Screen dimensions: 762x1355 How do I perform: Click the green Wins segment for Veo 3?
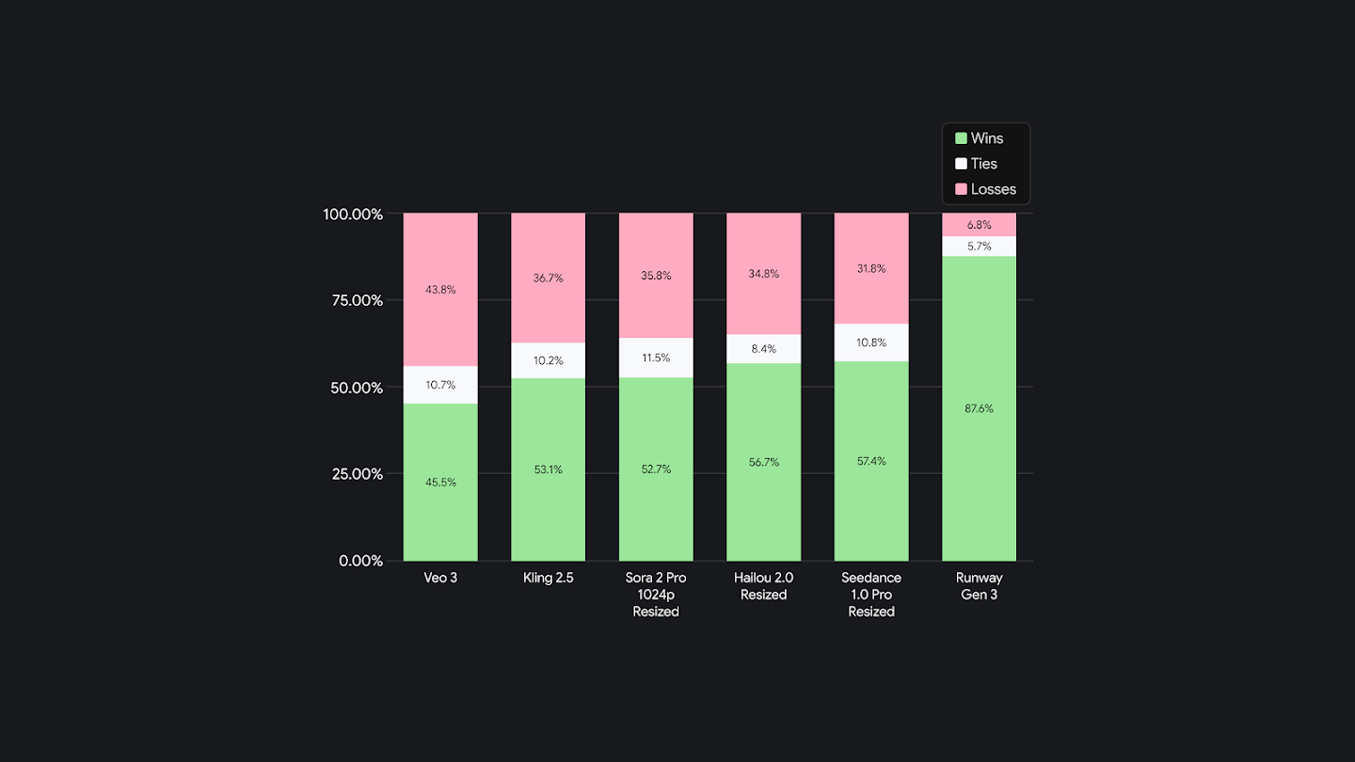pyautogui.click(x=440, y=508)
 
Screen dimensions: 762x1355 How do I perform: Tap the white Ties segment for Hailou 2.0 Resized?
pyautogui.click(x=763, y=349)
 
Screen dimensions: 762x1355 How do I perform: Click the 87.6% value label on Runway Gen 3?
pyautogui.click(x=979, y=408)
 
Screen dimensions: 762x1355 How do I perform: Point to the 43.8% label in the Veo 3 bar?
pyautogui.click(x=440, y=290)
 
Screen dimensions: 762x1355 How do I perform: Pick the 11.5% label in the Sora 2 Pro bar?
pyautogui.click(x=656, y=357)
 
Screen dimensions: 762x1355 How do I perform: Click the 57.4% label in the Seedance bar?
pyautogui.click(x=871, y=461)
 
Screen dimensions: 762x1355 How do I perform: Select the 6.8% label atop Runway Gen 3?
pyautogui.click(x=979, y=225)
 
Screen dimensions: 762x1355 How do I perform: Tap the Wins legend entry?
pyautogui.click(x=986, y=138)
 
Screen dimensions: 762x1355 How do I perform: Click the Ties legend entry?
pyautogui.click(x=983, y=164)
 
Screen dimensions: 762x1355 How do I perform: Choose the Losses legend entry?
pyautogui.click(x=993, y=189)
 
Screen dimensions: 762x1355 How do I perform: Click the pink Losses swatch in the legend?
pyautogui.click(x=961, y=189)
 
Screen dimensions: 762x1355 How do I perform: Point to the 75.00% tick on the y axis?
pyautogui.click(x=353, y=301)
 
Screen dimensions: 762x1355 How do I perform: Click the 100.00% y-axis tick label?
pyautogui.click(x=353, y=214)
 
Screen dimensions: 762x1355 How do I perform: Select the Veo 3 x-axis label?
pyautogui.click(x=440, y=578)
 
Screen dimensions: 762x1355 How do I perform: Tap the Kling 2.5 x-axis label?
pyautogui.click(x=548, y=578)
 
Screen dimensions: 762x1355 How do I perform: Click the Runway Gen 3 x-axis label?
pyautogui.click(x=979, y=586)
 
